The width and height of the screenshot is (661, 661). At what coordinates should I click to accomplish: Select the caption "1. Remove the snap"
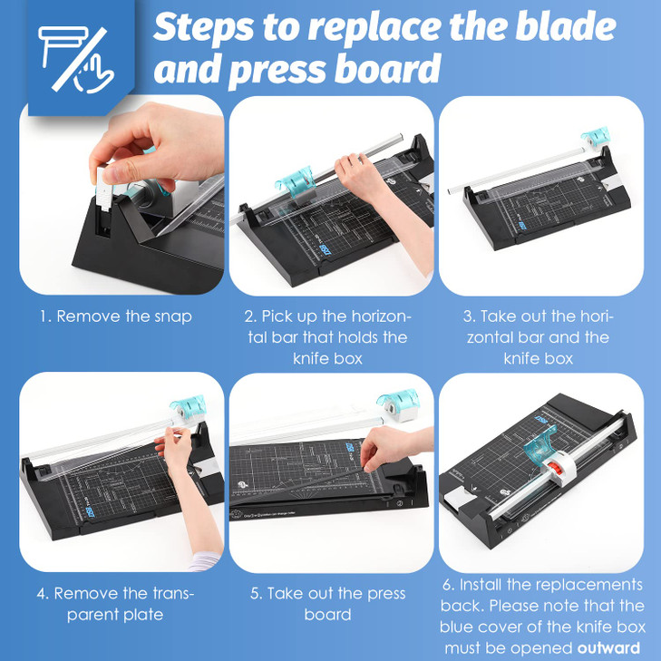tap(115, 316)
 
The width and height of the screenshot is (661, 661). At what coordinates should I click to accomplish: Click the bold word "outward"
tap(609, 647)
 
